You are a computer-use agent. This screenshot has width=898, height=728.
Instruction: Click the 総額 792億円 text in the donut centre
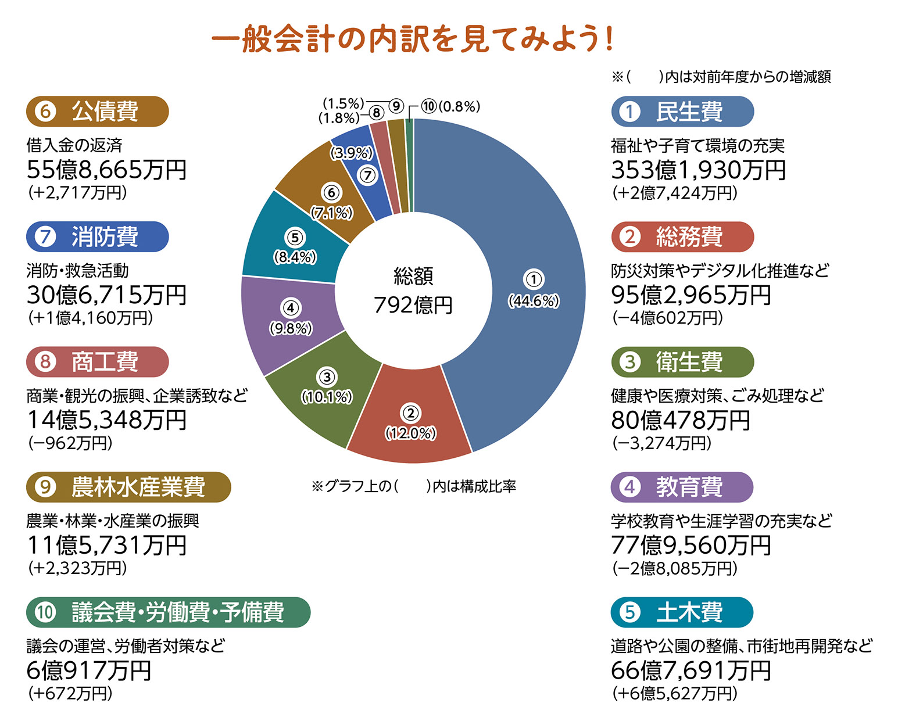coord(413,291)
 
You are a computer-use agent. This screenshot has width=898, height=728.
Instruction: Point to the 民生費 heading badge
coord(682,112)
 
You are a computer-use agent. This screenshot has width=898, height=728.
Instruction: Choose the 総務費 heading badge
coord(682,236)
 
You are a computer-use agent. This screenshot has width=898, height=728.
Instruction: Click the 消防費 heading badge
coord(97,236)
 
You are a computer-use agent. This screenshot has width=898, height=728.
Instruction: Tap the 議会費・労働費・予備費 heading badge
coord(168,612)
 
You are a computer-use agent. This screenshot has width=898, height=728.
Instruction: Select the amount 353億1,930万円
coord(698,170)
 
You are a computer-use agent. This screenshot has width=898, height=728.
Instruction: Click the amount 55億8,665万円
coord(106,170)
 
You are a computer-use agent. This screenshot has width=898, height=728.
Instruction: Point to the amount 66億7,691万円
coord(691,670)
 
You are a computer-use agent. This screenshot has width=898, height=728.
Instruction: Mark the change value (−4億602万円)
coord(667,318)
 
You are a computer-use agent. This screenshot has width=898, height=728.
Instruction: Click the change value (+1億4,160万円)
coord(90,318)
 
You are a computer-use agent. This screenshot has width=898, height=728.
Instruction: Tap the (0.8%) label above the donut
coord(459,107)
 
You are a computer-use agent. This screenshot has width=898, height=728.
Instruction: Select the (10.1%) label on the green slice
coord(327,397)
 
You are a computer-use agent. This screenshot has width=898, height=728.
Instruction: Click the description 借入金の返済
coord(74,145)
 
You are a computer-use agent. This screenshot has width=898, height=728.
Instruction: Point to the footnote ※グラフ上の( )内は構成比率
coord(413,486)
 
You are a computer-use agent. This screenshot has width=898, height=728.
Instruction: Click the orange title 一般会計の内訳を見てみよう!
coord(412,40)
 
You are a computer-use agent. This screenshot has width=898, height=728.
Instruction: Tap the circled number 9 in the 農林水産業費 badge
coord(45,487)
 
